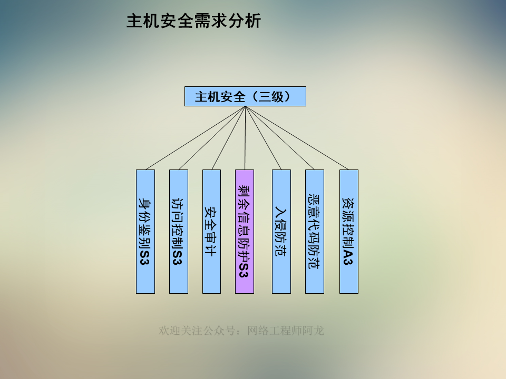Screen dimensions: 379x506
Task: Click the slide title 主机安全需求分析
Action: click(x=193, y=21)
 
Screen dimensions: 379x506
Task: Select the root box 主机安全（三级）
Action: click(x=245, y=96)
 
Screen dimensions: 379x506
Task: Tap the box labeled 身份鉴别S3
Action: click(x=145, y=231)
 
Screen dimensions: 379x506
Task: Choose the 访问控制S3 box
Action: click(x=179, y=231)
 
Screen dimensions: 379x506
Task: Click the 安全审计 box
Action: click(x=211, y=231)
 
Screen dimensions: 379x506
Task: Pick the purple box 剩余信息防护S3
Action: click(x=245, y=231)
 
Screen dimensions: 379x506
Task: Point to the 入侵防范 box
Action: click(x=281, y=231)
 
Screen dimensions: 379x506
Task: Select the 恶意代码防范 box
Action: click(x=315, y=231)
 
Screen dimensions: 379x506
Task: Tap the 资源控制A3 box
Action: click(x=348, y=231)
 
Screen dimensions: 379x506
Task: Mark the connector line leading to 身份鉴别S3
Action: click(x=195, y=138)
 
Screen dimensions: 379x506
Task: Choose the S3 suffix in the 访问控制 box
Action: click(x=178, y=257)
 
